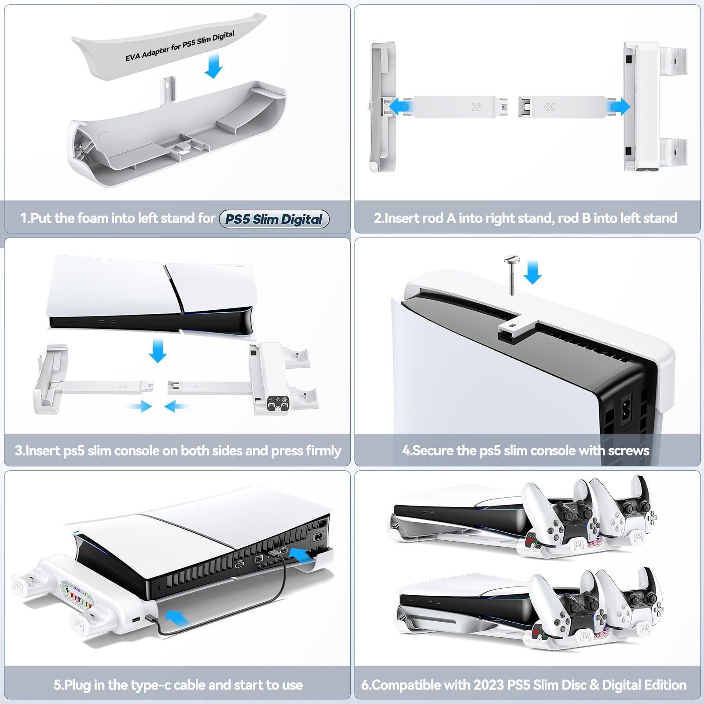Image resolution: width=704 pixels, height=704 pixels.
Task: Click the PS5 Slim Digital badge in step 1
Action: click(x=274, y=219)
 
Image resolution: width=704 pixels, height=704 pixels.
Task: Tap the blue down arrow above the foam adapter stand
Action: click(x=214, y=66)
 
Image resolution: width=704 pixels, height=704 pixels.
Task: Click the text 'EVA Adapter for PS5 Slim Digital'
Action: click(x=180, y=46)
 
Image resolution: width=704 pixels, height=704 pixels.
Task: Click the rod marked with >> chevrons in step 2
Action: click(x=458, y=107)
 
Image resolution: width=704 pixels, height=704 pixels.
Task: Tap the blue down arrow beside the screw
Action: click(x=533, y=272)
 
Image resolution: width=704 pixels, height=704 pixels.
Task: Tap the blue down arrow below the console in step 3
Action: click(x=158, y=350)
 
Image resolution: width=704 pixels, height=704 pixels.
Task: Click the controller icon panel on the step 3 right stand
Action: click(x=278, y=404)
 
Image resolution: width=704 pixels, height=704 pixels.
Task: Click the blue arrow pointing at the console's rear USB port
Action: click(x=302, y=555)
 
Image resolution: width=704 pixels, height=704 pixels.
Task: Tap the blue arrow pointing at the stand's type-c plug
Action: click(x=178, y=618)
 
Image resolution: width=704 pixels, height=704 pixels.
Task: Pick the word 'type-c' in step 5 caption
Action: click(x=188, y=685)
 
